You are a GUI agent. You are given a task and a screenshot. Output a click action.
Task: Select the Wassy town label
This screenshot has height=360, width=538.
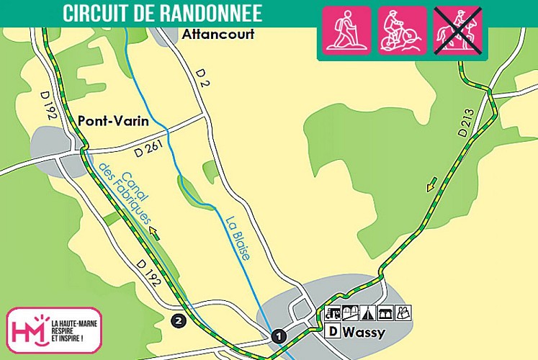point(364,332)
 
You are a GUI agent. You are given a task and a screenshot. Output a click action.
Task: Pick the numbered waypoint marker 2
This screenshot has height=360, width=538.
point(179,320)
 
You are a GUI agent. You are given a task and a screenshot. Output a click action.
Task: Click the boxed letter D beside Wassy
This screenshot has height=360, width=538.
point(333,332)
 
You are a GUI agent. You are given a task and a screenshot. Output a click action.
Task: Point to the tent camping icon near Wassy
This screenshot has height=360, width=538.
point(367,313)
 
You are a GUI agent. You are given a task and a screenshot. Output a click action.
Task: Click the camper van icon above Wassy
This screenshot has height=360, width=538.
point(333,313)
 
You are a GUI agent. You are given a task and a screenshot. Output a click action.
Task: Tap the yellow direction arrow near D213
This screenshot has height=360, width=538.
point(431,186)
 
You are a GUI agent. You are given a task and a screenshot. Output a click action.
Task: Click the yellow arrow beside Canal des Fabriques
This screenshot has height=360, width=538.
point(154,232)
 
